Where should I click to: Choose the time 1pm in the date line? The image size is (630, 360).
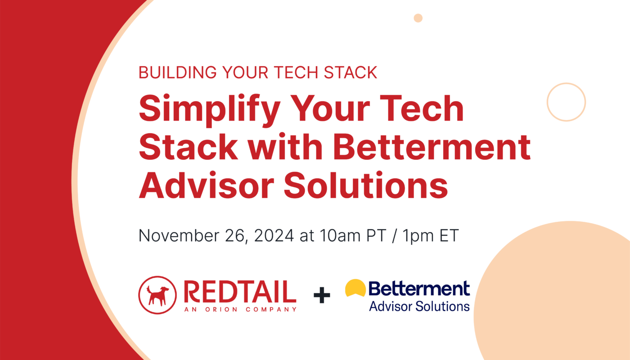click(x=417, y=236)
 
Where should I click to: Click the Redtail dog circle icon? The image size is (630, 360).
click(x=157, y=294)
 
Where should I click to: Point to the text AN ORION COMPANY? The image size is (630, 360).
click(x=240, y=309)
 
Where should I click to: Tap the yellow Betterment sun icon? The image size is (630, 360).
click(x=355, y=288)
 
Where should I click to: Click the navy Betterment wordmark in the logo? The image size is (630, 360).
click(x=419, y=288)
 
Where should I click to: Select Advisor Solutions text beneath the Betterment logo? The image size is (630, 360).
click(x=419, y=306)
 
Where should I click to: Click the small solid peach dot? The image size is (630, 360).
click(x=418, y=18)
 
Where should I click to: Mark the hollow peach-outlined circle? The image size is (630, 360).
click(x=566, y=102)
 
